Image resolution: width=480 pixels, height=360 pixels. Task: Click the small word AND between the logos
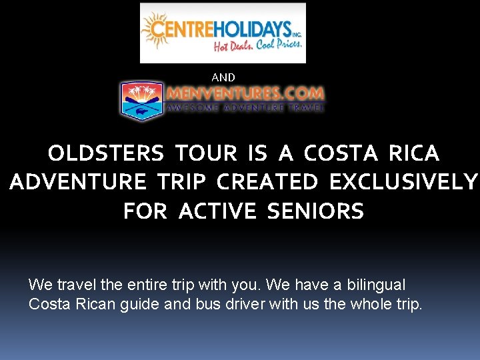tap(223, 77)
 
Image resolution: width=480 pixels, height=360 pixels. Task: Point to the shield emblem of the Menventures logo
tap(141, 101)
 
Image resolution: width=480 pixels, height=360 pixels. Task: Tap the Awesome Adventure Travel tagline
tap(245, 107)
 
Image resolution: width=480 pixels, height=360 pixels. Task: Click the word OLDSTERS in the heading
tap(106, 153)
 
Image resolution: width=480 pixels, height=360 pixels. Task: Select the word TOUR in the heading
tap(206, 153)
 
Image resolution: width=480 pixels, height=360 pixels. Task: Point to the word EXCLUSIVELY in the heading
tap(404, 182)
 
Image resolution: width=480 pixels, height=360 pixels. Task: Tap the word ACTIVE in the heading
tap(217, 211)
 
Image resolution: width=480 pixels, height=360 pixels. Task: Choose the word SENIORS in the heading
tap(315, 211)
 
